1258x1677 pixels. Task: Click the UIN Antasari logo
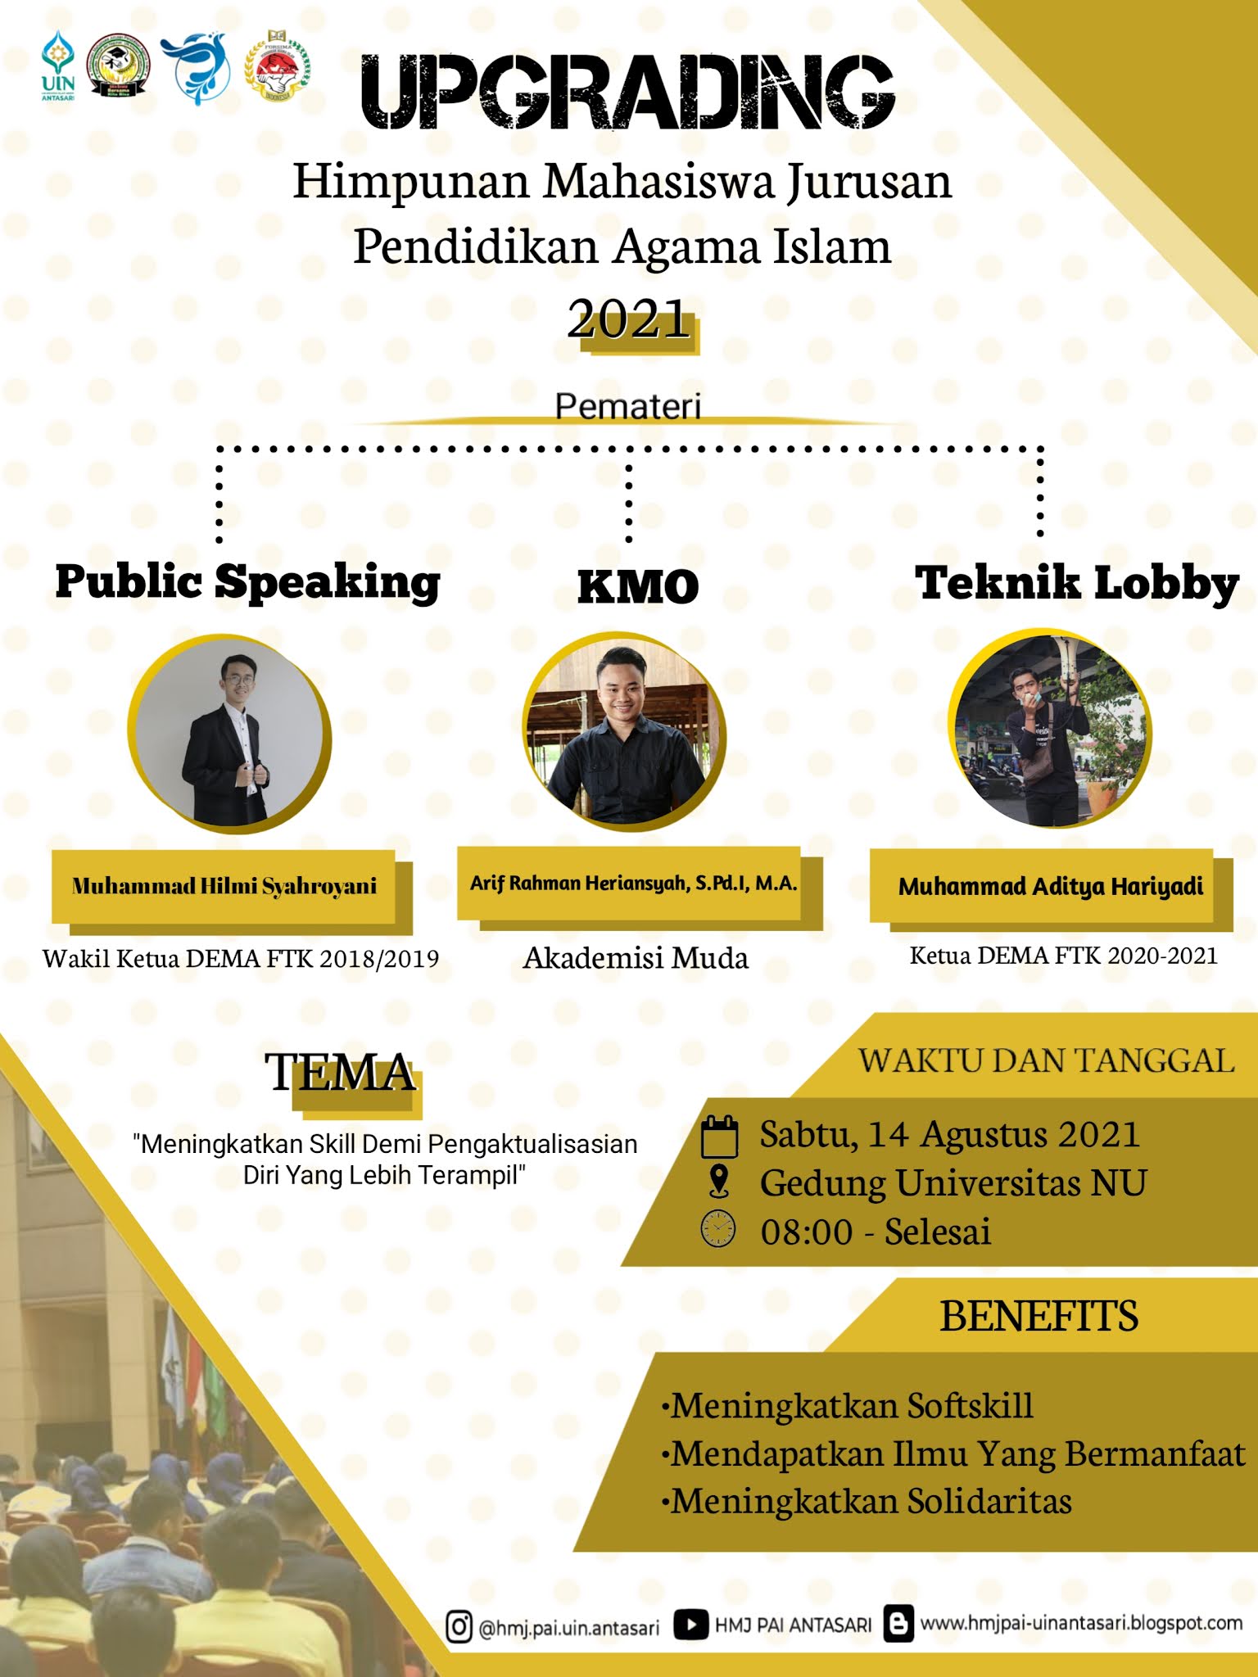click(58, 67)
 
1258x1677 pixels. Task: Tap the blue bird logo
click(195, 68)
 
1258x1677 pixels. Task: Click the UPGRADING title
click(627, 93)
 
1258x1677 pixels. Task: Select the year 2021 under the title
click(629, 319)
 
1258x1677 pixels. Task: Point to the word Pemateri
click(628, 406)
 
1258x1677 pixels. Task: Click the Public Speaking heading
click(247, 582)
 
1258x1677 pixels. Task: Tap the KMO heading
click(638, 587)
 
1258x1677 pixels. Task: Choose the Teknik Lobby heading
click(1076, 583)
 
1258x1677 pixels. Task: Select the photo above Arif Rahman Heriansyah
click(624, 731)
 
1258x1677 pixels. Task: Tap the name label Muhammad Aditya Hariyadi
click(1051, 886)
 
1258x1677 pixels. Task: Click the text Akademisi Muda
click(636, 957)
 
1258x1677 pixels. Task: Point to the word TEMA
click(341, 1073)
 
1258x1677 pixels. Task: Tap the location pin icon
click(718, 1182)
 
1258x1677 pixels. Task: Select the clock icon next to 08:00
click(718, 1229)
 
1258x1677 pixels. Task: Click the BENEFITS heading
click(1039, 1317)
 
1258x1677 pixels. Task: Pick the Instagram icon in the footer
click(459, 1625)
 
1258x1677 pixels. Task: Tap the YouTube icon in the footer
click(690, 1625)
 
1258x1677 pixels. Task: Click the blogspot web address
click(1080, 1622)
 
